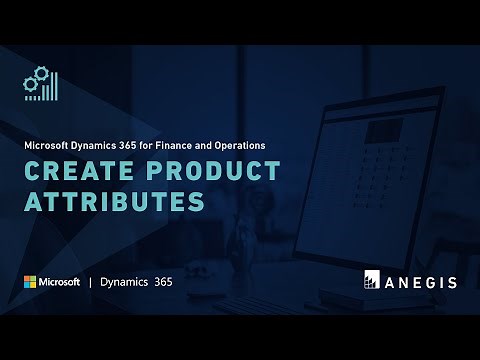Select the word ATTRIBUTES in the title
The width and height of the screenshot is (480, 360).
(114, 201)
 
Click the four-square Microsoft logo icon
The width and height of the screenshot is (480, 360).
(30, 282)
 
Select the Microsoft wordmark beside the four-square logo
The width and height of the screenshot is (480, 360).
(60, 282)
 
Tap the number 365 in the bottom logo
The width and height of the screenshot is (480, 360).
(163, 282)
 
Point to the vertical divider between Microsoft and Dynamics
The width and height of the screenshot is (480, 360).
(90, 282)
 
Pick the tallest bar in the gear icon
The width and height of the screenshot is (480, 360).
(56, 86)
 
